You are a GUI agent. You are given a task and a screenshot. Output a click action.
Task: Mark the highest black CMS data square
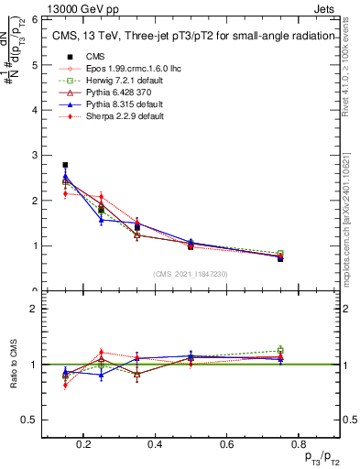(x=66, y=165)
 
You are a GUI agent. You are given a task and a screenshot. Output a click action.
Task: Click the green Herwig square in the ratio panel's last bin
(x=280, y=350)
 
